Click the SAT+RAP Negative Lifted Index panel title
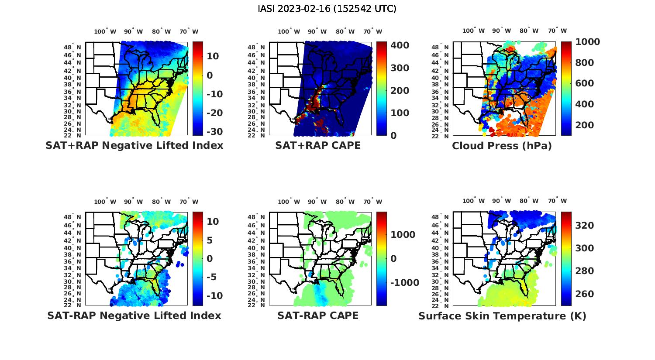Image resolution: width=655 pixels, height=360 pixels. click(134, 145)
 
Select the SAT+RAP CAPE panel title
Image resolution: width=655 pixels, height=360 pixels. click(318, 145)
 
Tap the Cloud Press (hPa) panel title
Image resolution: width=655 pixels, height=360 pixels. click(502, 146)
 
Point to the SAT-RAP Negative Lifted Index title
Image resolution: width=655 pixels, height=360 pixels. click(134, 315)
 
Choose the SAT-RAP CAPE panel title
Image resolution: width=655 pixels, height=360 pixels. click(318, 315)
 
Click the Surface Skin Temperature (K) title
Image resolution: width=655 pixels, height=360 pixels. click(502, 316)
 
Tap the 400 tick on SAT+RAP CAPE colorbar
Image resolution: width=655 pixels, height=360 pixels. click(400, 45)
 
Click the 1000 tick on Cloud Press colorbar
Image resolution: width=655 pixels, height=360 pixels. click(587, 42)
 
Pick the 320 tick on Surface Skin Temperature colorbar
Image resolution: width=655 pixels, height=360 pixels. click(584, 225)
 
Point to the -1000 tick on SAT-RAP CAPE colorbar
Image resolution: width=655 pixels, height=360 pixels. click(404, 283)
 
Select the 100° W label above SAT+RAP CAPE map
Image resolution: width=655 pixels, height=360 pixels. click(289, 31)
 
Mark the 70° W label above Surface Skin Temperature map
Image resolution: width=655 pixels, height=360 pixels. click(557, 201)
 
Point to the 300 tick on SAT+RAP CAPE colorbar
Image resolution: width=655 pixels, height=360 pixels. click(400, 68)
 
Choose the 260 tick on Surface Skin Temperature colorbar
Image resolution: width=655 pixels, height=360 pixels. click(584, 294)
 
